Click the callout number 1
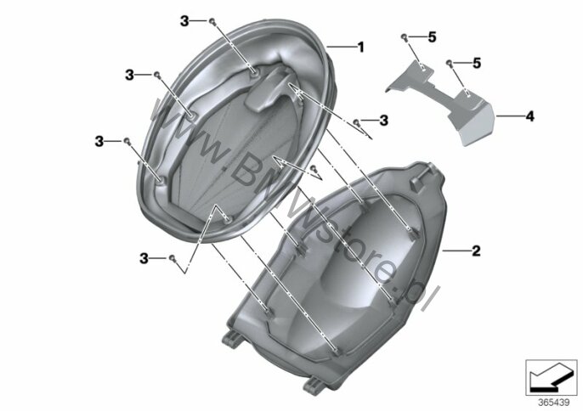point(360,48)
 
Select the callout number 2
point(476,251)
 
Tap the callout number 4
point(529,116)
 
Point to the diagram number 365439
point(554,403)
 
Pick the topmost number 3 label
point(184,21)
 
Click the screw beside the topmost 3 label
point(212,21)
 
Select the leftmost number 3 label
point(99,141)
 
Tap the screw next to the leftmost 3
point(127,141)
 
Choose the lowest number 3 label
point(144,258)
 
